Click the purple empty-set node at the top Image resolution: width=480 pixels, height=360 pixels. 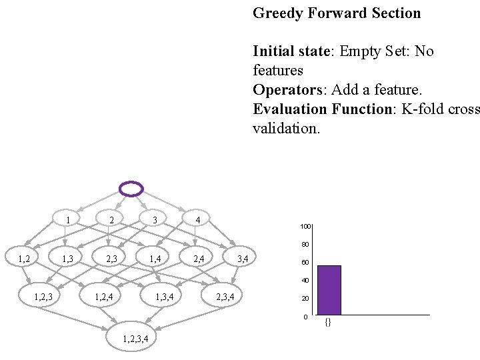click(x=131, y=189)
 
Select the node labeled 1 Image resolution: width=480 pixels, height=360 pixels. click(x=68, y=219)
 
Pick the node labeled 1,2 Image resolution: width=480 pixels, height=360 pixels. click(x=24, y=258)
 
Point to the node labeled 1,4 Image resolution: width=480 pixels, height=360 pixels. click(x=155, y=258)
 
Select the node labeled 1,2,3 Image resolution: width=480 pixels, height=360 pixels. click(x=43, y=296)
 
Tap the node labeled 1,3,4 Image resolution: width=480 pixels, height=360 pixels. click(x=164, y=296)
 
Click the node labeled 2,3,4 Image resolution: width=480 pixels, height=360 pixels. click(x=225, y=296)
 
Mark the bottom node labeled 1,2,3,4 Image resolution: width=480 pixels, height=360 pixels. click(x=135, y=339)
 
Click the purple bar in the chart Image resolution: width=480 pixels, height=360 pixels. click(x=329, y=290)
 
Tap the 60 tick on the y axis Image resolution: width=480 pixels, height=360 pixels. click(x=305, y=263)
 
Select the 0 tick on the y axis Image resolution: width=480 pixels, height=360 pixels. click(x=305, y=317)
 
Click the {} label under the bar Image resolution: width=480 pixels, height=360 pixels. click(x=328, y=323)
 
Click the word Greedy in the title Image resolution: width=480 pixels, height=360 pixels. click(x=277, y=13)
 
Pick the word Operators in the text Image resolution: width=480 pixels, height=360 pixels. click(x=284, y=90)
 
